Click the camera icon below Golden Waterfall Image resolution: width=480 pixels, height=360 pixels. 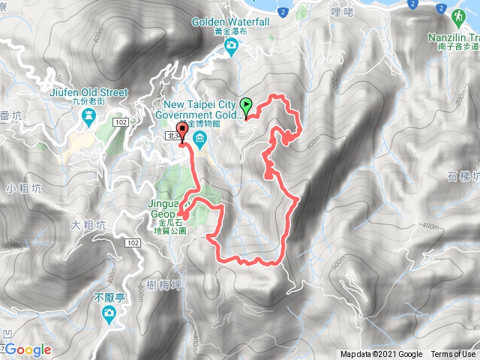pyautogui.click(x=231, y=48)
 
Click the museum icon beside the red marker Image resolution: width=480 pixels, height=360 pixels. pyautogui.click(x=200, y=139)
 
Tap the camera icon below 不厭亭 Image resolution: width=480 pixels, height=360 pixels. pyautogui.click(x=109, y=319)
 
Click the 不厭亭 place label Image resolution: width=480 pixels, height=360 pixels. pyautogui.click(x=106, y=298)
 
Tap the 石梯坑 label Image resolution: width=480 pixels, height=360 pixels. pyautogui.click(x=462, y=177)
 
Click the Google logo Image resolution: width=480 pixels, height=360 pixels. pyautogui.click(x=28, y=349)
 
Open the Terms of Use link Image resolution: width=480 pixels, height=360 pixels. pyautogui.click(x=452, y=355)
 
